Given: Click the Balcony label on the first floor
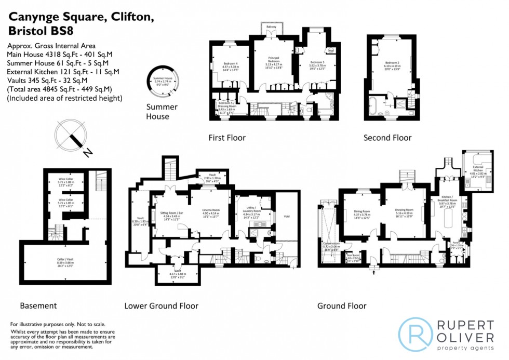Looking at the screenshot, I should pyautogui.click(x=271, y=26).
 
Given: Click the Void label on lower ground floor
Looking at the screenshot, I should pyautogui.click(x=286, y=216).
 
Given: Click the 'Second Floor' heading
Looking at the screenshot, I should pyautogui.click(x=387, y=138).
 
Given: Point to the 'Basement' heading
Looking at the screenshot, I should pyautogui.click(x=38, y=306).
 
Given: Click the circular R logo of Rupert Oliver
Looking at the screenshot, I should pyautogui.click(x=415, y=333).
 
